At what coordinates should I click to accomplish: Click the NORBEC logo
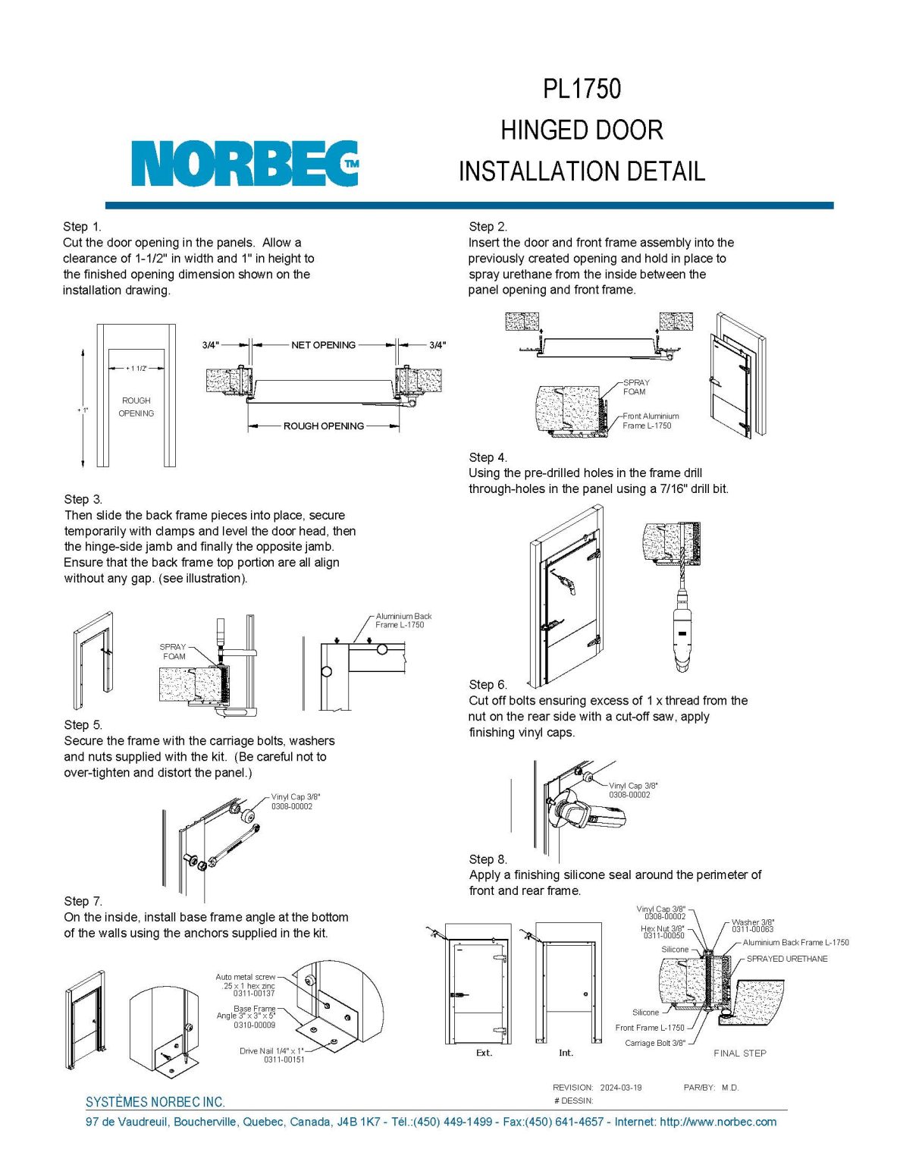pyautogui.click(x=244, y=164)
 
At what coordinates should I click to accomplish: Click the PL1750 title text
pyautogui.click(x=582, y=89)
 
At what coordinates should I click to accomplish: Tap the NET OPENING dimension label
pyautogui.click(x=323, y=345)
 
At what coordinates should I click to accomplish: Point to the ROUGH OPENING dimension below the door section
pyautogui.click(x=324, y=426)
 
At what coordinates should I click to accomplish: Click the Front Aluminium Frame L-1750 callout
pyautogui.click(x=650, y=421)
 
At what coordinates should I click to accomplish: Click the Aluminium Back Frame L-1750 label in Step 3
pyautogui.click(x=403, y=620)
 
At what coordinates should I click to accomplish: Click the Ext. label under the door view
pyautogui.click(x=484, y=1053)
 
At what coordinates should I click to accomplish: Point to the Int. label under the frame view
pyautogui.click(x=566, y=1053)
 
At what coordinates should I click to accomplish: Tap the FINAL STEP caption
pyautogui.click(x=739, y=1053)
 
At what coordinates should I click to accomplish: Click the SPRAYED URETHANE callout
pyautogui.click(x=786, y=959)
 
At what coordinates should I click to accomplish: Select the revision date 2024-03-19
pyautogui.click(x=620, y=1088)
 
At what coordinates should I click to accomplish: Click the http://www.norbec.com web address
pyautogui.click(x=718, y=1122)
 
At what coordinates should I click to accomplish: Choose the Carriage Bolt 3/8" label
pyautogui.click(x=654, y=1043)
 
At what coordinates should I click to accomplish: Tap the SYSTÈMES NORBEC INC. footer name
pyautogui.click(x=155, y=1102)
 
